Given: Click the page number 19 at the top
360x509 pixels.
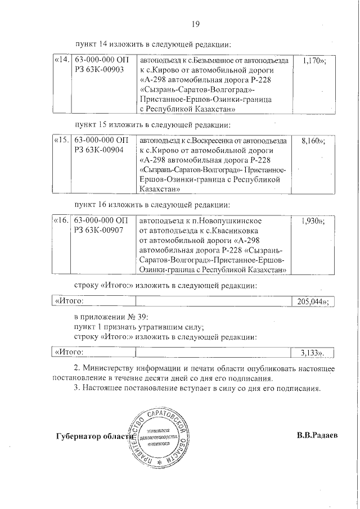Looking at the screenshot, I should [196, 24].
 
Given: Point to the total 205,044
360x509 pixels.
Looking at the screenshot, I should [312, 301].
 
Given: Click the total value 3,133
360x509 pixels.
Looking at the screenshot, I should [313, 353].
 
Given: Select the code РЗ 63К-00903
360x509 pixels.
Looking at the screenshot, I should [99, 70].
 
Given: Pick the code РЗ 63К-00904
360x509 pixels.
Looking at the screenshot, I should [99, 151].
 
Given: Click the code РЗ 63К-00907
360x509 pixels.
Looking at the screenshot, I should [99, 231].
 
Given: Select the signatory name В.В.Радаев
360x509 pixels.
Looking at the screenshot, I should [317, 436].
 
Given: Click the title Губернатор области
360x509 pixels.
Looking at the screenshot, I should [94, 436].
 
